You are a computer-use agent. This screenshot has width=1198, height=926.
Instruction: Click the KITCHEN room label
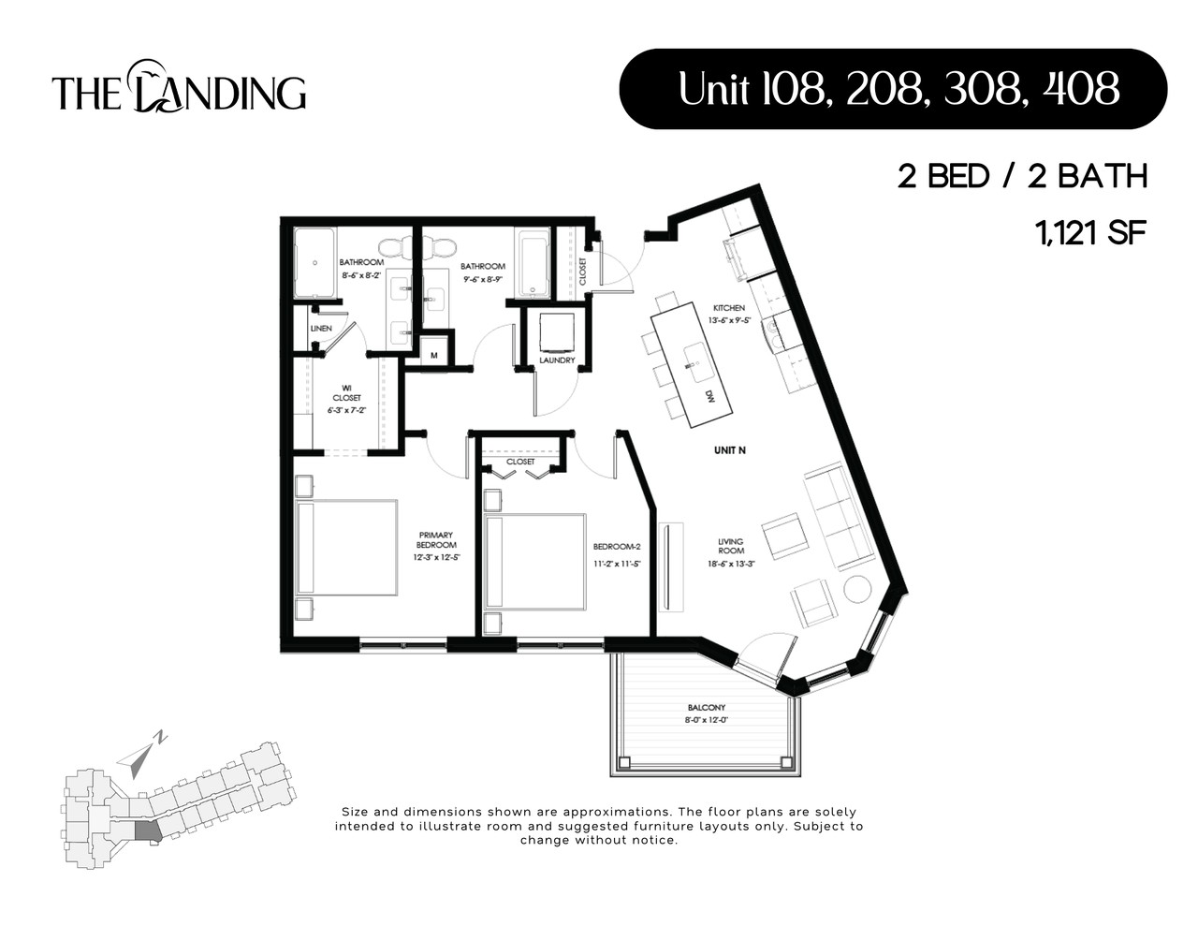click(729, 308)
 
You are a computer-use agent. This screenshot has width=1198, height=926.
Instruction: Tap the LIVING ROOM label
click(731, 546)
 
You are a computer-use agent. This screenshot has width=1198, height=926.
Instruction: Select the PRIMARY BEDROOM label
click(437, 540)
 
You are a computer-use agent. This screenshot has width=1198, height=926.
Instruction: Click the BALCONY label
click(706, 708)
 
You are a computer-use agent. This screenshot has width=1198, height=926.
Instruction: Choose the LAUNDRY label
click(557, 360)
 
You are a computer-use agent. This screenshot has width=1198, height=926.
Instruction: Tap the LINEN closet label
click(321, 329)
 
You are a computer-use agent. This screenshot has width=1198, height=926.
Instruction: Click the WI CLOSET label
click(345, 392)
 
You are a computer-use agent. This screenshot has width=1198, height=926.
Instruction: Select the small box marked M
click(434, 355)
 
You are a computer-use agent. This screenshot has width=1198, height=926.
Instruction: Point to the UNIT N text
click(730, 450)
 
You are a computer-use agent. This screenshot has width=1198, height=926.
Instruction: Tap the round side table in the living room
click(857, 589)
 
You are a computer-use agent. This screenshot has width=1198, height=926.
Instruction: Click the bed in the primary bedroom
click(346, 548)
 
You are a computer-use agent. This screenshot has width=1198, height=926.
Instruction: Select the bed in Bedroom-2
click(534, 561)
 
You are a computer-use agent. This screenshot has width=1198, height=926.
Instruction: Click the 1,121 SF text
click(1090, 232)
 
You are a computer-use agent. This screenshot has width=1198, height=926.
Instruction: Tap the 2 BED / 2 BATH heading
click(1022, 176)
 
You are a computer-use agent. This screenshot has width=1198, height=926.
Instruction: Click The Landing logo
click(179, 89)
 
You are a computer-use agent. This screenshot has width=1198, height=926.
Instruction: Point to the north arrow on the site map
click(141, 756)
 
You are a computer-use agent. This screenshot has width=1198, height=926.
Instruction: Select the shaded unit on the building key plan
click(148, 831)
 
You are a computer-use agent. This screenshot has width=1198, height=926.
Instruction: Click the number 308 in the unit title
click(981, 89)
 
